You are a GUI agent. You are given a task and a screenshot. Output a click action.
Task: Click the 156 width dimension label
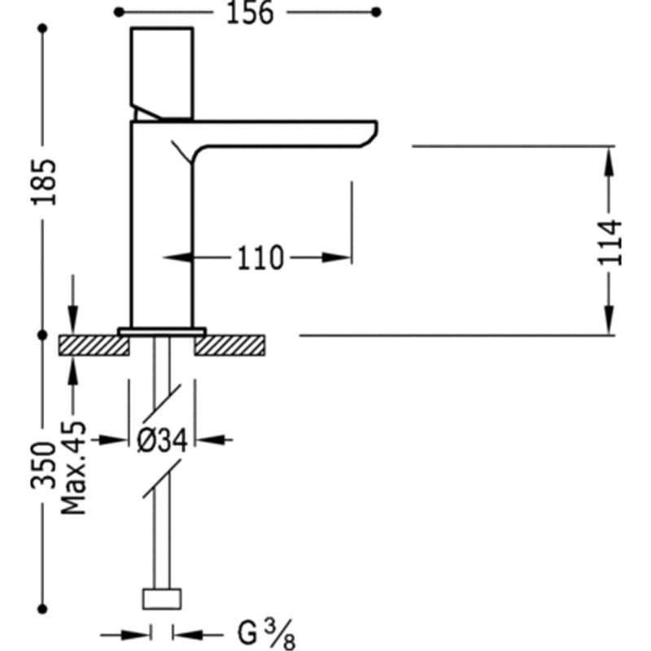click(x=250, y=13)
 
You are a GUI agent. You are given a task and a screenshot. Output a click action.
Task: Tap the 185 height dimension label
click(x=44, y=181)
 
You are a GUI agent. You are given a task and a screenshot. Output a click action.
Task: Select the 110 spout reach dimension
click(x=260, y=258)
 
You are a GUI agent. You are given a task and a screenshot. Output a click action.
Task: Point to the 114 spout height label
click(x=609, y=242)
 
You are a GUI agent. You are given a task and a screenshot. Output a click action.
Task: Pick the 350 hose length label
click(x=43, y=465)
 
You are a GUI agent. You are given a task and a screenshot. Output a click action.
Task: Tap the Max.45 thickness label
click(x=73, y=469)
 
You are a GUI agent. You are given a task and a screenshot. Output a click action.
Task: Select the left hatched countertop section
click(x=94, y=345)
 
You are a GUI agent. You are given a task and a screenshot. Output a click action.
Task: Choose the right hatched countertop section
click(x=229, y=345)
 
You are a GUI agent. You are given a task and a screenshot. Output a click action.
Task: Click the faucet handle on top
click(x=162, y=74)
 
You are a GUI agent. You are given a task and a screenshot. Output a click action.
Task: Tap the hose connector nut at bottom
click(x=162, y=599)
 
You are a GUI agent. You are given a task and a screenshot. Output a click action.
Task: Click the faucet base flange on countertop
click(x=162, y=331)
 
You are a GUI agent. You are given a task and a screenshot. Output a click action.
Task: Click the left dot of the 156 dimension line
click(x=119, y=12)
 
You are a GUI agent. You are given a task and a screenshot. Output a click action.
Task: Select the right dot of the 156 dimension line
click(x=376, y=12)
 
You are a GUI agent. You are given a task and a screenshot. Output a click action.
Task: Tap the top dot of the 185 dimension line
click(x=42, y=28)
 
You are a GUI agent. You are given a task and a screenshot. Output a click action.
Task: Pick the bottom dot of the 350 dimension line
click(x=42, y=609)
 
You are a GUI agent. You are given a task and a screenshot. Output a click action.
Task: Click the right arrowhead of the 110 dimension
click(x=336, y=258)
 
